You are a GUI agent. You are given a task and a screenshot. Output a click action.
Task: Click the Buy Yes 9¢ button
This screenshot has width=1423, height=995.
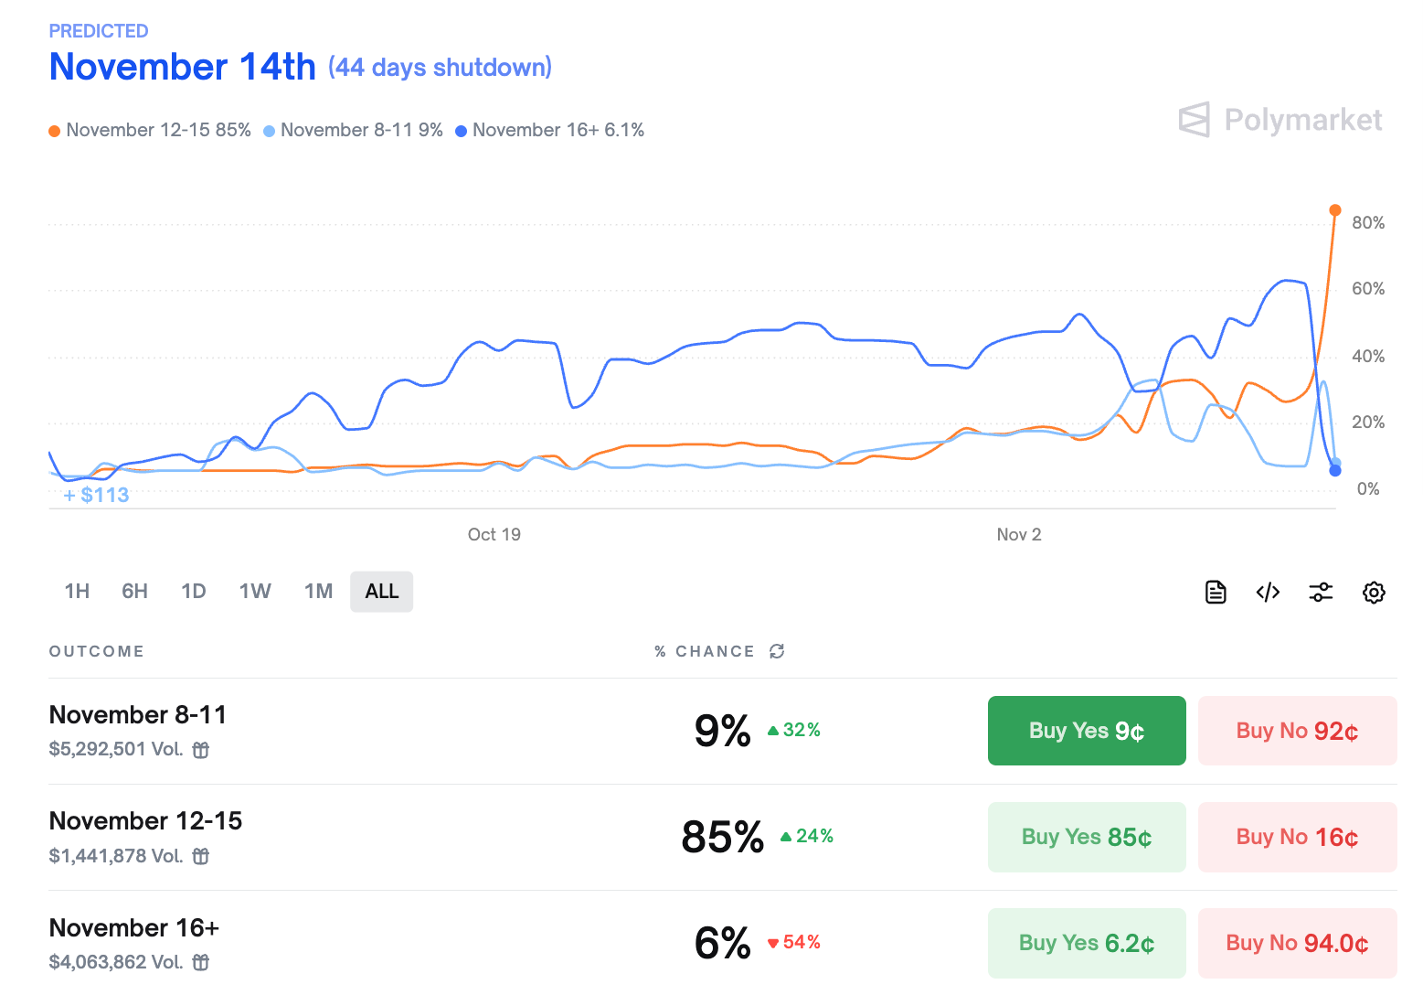click(x=1086, y=731)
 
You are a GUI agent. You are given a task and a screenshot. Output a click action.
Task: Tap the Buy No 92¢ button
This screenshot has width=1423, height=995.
click(x=1297, y=731)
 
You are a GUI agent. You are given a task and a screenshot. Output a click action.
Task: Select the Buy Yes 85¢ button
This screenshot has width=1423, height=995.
click(x=1086, y=837)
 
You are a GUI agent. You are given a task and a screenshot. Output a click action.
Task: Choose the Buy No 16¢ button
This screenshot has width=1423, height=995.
click(x=1297, y=837)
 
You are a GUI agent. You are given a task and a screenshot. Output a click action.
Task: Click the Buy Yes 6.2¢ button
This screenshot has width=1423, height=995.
click(x=1086, y=943)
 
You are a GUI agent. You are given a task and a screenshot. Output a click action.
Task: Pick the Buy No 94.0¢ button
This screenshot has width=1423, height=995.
click(x=1297, y=943)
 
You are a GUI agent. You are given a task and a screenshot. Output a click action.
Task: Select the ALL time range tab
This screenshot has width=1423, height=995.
click(x=381, y=592)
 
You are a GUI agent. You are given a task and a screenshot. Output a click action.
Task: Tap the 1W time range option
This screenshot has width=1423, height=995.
click(x=255, y=592)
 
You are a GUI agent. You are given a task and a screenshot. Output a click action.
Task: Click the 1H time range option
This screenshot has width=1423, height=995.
click(x=77, y=592)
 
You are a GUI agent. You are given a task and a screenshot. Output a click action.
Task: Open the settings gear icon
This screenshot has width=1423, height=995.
click(x=1374, y=593)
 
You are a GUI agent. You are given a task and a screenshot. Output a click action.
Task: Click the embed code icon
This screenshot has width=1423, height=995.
click(x=1268, y=593)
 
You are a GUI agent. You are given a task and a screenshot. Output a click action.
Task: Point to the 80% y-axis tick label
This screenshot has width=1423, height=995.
click(x=1367, y=223)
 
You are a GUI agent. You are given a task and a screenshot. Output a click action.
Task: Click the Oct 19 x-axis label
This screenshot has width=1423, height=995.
click(x=494, y=535)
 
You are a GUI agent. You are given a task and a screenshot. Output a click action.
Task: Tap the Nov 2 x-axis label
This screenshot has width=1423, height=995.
click(x=1018, y=535)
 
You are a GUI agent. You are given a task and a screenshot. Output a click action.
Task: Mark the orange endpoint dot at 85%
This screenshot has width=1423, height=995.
click(x=1335, y=210)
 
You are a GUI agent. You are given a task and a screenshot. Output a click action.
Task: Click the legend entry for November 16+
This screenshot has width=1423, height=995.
click(x=550, y=131)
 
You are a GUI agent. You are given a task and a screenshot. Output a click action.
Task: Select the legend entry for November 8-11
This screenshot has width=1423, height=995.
click(x=354, y=131)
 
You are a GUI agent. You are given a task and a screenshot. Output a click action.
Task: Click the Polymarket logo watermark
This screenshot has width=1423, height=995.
click(x=1280, y=120)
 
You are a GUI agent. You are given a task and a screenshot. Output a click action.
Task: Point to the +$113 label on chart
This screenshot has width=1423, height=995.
click(x=97, y=496)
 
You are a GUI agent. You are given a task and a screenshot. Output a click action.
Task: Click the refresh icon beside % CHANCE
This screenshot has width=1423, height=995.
click(x=777, y=651)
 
